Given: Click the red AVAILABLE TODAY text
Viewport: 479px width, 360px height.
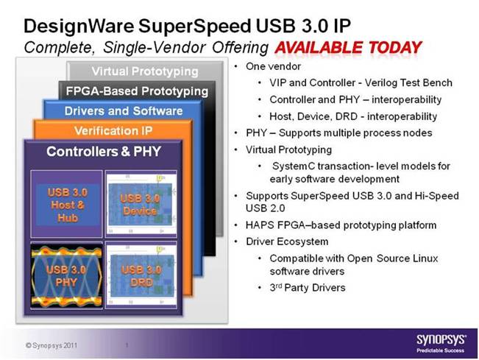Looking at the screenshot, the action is coord(348,48).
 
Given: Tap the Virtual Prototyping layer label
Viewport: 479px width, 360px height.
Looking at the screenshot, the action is coord(145,71).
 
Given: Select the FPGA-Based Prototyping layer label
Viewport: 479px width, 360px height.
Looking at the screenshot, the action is coord(137,91).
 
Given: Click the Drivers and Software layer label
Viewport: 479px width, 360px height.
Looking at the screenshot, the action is coord(124,111).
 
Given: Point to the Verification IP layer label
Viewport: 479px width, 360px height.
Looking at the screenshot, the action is coord(113,131).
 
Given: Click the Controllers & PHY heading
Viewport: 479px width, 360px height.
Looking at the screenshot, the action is coord(104,152).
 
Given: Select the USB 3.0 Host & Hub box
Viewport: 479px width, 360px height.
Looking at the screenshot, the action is coord(67,204).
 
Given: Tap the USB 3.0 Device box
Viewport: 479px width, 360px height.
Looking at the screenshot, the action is coord(141,204).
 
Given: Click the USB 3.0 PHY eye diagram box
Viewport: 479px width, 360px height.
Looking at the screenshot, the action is coord(67,275).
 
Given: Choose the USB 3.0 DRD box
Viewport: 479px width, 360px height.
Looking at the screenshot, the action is coord(141,275).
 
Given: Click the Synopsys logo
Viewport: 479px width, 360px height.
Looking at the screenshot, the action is coord(441,344).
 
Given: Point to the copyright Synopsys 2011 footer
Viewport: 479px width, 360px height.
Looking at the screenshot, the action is coord(52,345).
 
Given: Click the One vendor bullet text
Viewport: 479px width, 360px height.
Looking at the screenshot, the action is coord(274,66).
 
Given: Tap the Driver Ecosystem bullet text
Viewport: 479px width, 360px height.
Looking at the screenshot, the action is coord(287,241).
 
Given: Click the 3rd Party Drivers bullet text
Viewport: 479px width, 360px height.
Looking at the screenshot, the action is coord(308,288).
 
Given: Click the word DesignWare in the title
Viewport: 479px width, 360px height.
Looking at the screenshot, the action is coord(79,26).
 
